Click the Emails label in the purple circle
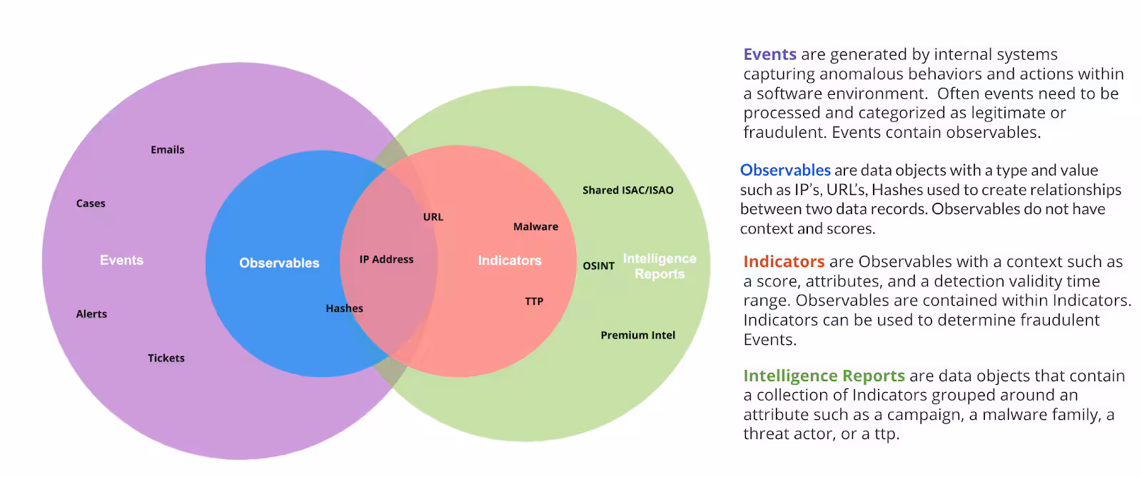pyautogui.click(x=168, y=150)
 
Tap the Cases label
pyautogui.click(x=91, y=204)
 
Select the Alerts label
pyautogui.click(x=91, y=314)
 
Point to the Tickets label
pyautogui.click(x=166, y=358)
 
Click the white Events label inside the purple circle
pyautogui.click(x=121, y=261)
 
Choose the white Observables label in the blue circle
pyautogui.click(x=279, y=263)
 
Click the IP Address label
pyautogui.click(x=386, y=259)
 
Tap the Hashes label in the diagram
pyautogui.click(x=344, y=308)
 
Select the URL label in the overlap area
pyautogui.click(x=433, y=217)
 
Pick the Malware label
pyautogui.click(x=535, y=227)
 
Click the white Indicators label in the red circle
pyautogui.click(x=510, y=261)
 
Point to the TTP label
pyautogui.click(x=534, y=301)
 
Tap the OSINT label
pyautogui.click(x=598, y=266)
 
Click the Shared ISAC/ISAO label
pyautogui.click(x=627, y=190)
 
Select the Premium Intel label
pyautogui.click(x=637, y=335)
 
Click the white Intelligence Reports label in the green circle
pyautogui.click(x=660, y=266)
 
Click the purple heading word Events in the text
pyautogui.click(x=769, y=54)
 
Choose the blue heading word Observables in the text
pyautogui.click(x=785, y=170)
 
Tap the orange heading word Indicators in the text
pyautogui.click(x=784, y=261)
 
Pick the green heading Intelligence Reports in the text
pyautogui.click(x=824, y=376)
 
